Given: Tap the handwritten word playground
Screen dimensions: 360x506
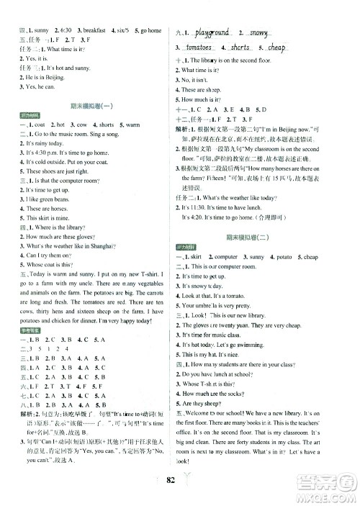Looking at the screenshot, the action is (x=212, y=32).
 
